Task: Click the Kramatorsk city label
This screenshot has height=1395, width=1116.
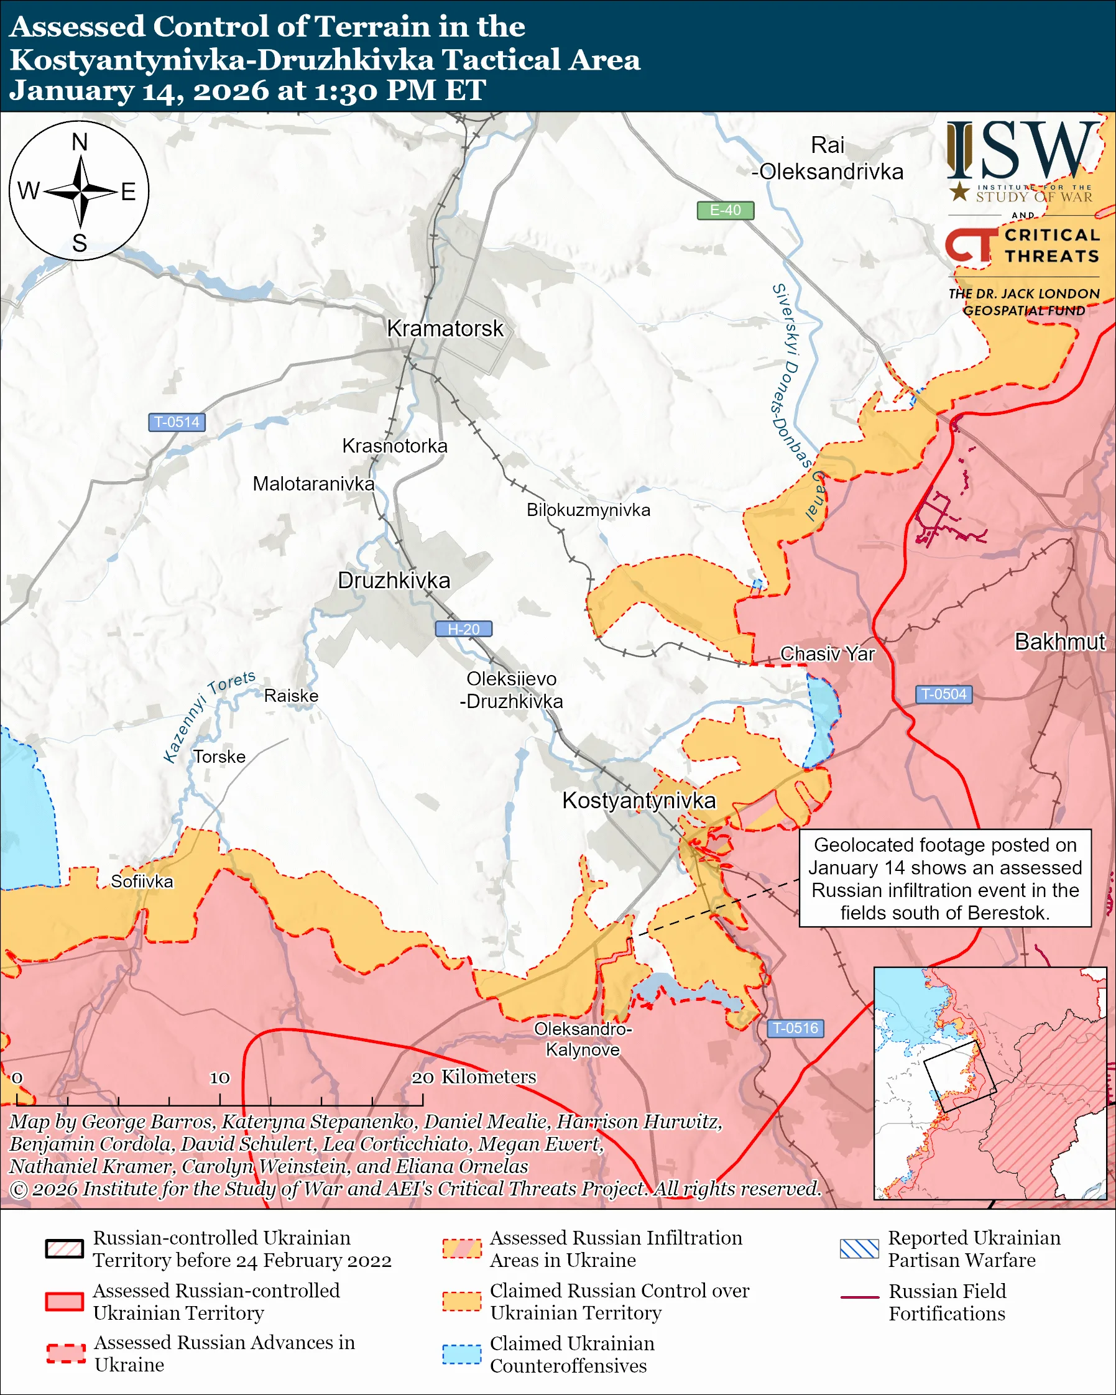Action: coord(445,328)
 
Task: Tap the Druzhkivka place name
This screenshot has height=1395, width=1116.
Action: coord(394,580)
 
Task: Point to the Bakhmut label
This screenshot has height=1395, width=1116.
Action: coord(1059,641)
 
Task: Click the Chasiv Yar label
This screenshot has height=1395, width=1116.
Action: coord(827,653)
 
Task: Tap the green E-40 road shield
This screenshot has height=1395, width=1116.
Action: coord(724,210)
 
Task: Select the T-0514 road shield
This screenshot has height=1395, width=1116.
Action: coord(177,422)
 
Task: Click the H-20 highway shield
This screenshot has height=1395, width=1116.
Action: coord(463,629)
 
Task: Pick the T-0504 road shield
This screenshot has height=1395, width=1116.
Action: coord(943,694)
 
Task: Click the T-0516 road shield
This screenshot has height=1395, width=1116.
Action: coord(795,1028)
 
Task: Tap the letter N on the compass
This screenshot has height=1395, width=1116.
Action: coord(80,142)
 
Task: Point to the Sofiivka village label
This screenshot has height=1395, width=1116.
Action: coord(142,882)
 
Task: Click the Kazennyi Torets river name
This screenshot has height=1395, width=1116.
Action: coord(208,716)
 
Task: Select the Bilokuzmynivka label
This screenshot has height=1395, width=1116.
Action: coord(588,510)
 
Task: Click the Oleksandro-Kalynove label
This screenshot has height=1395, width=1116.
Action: coord(583,1039)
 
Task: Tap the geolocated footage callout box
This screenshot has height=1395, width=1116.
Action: coord(944,878)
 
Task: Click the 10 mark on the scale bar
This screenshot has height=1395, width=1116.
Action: coord(219,1077)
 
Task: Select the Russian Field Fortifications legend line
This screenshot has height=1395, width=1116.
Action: coord(859,1297)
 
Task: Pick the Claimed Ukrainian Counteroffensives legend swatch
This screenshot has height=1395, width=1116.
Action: coord(461,1354)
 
